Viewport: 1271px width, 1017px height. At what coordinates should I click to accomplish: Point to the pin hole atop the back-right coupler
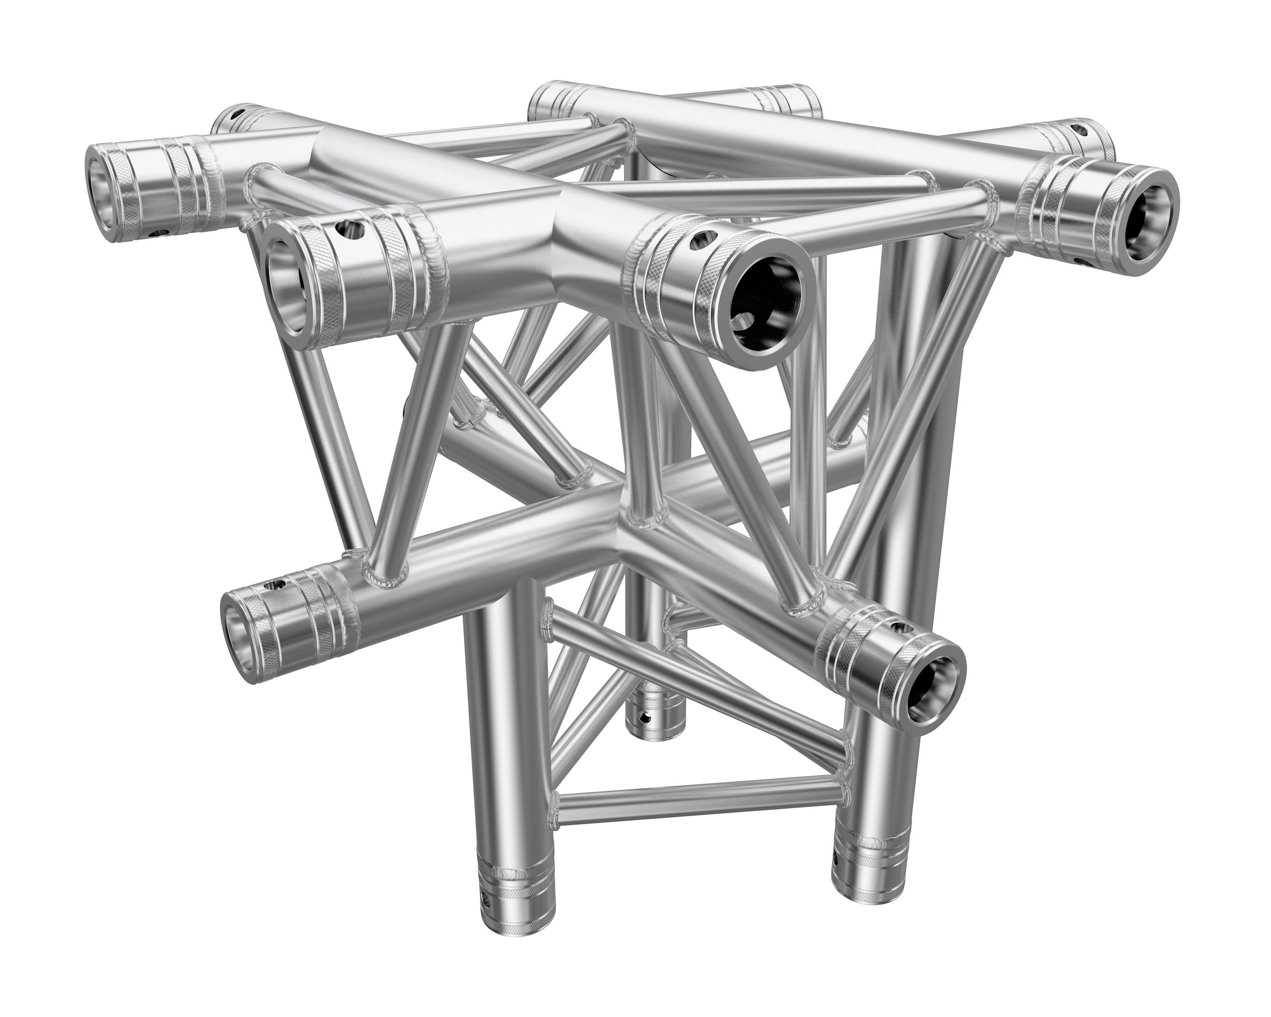pos(1080,127)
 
